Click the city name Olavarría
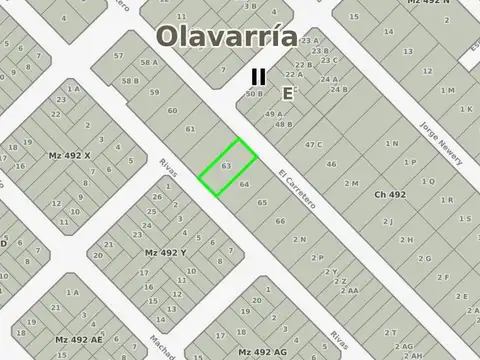[x=226, y=37]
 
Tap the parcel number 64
[x=245, y=185]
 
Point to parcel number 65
[x=262, y=202]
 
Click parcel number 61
[x=190, y=129]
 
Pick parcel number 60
[x=173, y=111]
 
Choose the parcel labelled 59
[x=155, y=93]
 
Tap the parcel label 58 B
[x=130, y=80]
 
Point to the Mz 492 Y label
[x=166, y=253]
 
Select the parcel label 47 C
[x=314, y=145]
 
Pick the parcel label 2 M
[x=350, y=184]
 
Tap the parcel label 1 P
[x=410, y=162]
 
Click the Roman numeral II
[x=258, y=75]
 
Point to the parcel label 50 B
[x=254, y=93]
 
